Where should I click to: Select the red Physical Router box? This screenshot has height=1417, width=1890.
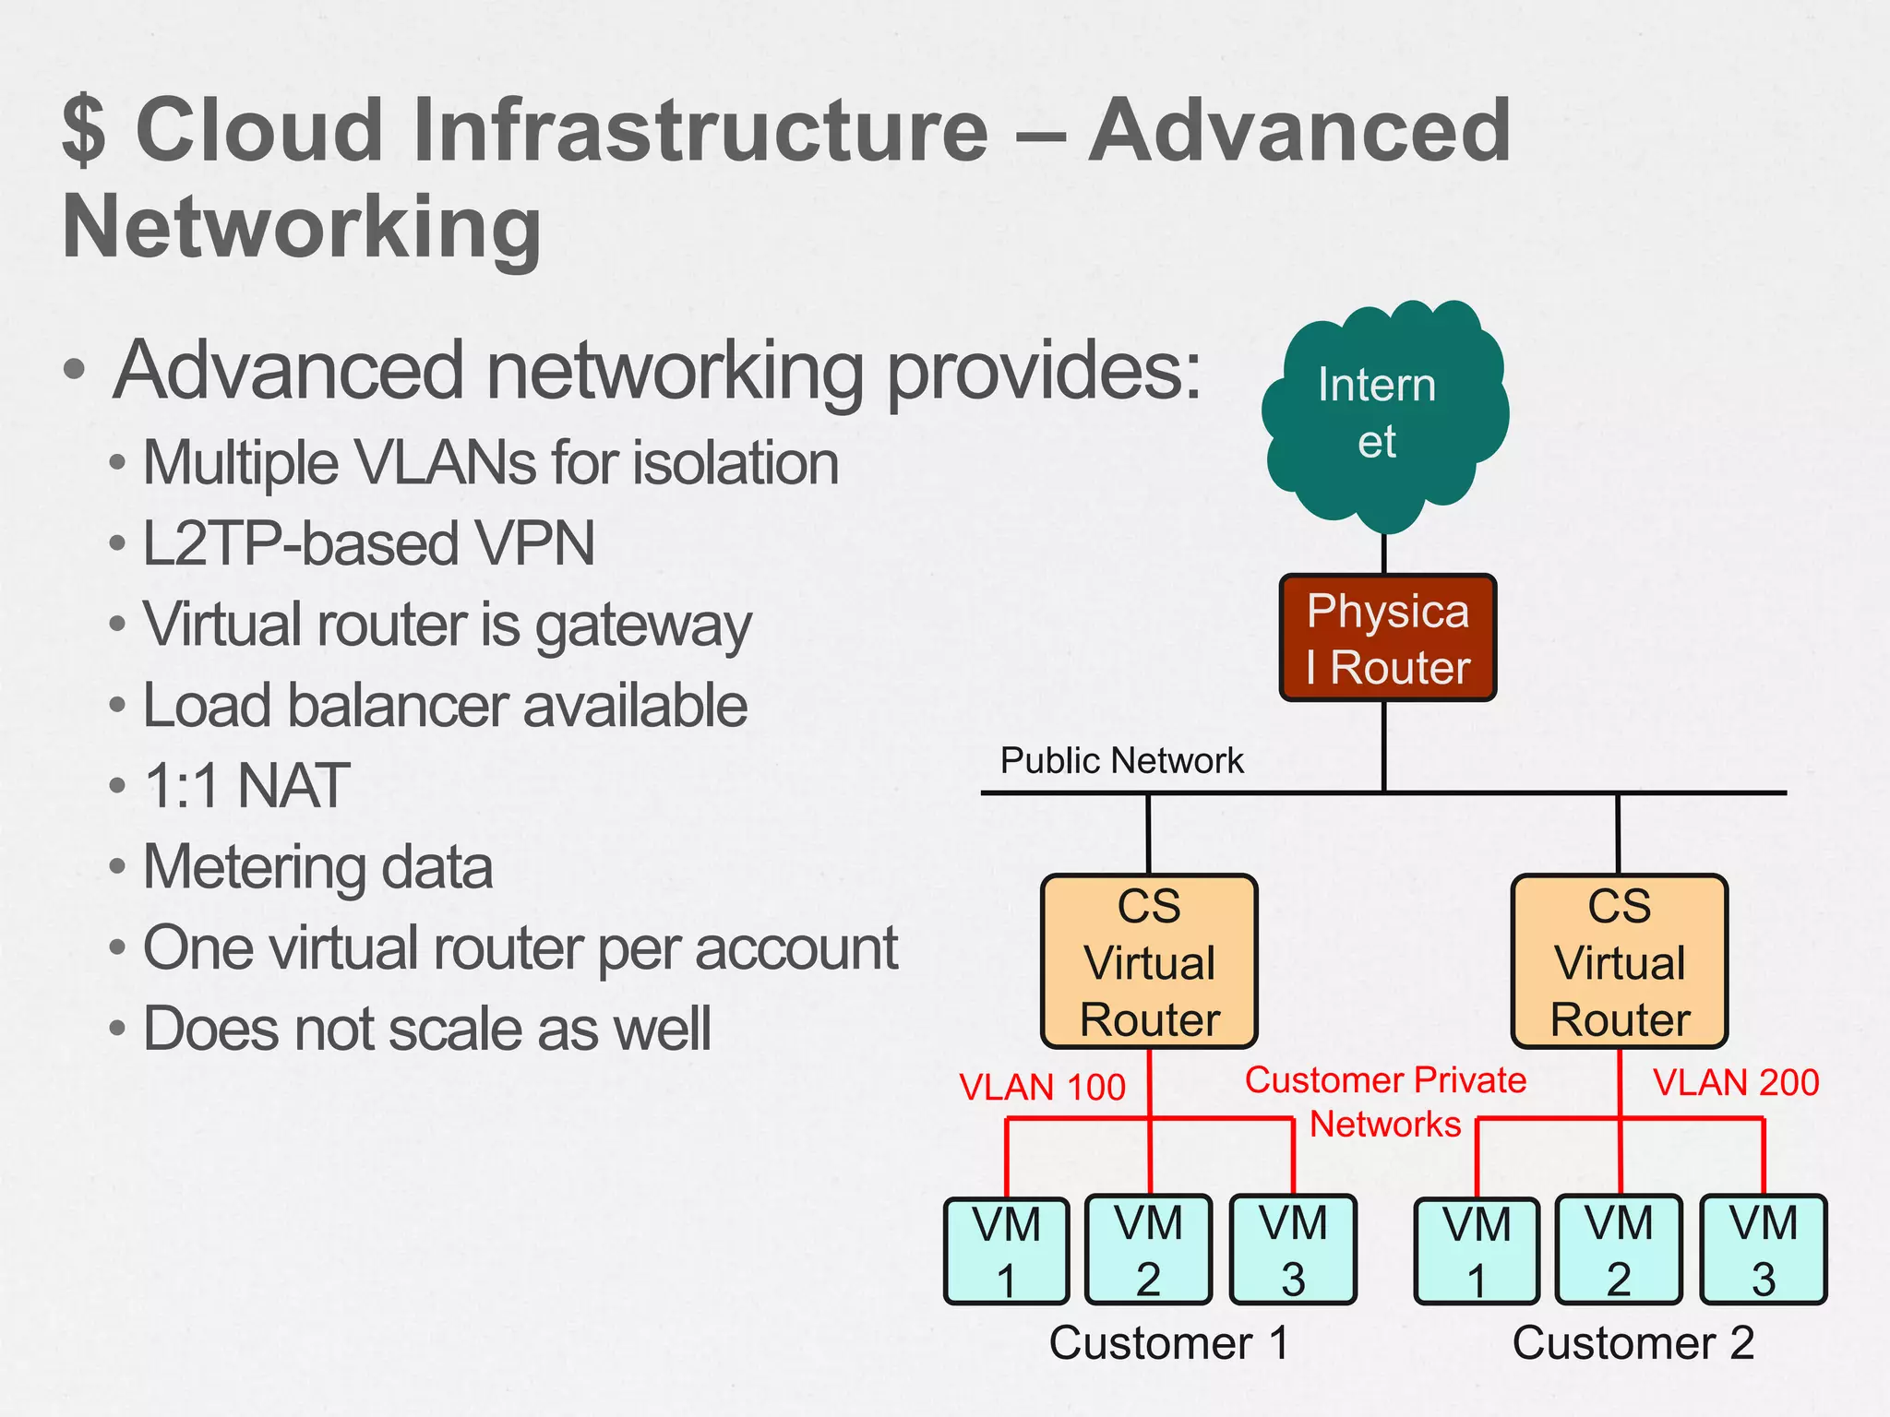click(1387, 638)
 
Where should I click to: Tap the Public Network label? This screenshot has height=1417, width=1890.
click(1121, 761)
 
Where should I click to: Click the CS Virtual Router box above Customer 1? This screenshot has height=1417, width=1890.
click(1149, 962)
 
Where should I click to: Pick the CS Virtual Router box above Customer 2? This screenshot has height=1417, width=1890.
click(1619, 962)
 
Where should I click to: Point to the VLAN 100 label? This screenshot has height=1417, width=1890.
click(1042, 1088)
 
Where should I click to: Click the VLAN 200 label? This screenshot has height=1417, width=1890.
click(1735, 1083)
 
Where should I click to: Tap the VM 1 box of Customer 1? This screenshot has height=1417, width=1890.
click(1006, 1251)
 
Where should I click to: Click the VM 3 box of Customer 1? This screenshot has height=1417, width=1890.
click(1292, 1250)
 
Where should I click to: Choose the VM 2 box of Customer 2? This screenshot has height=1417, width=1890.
click(1618, 1250)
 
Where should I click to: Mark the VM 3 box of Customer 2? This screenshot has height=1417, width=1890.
click(1763, 1250)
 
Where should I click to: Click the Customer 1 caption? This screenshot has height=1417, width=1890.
click(1168, 1343)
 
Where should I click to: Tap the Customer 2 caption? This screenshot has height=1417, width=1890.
click(1633, 1343)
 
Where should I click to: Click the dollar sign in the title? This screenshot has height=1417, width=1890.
click(84, 130)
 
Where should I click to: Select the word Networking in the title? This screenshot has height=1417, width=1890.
click(302, 228)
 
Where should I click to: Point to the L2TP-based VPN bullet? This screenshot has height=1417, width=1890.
click(368, 543)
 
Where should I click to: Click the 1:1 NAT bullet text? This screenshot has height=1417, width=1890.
click(246, 786)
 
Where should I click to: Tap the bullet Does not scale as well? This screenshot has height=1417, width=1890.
click(426, 1030)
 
